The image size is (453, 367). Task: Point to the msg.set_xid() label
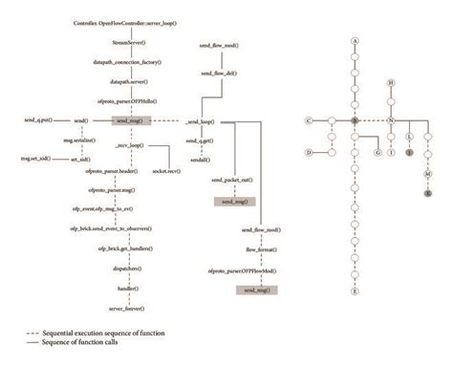coord(36,158)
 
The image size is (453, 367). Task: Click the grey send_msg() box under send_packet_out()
coord(234,203)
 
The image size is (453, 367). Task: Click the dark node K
coord(427,194)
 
